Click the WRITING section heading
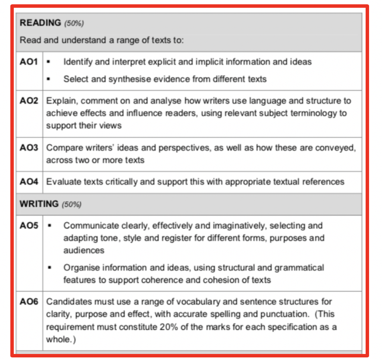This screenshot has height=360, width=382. pos(39,204)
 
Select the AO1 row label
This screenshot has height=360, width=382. pos(29,62)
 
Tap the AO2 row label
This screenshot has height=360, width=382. pos(29,101)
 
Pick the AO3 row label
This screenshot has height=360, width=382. pos(29,148)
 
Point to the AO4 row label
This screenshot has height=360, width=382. pos(29,182)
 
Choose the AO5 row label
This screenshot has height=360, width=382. pos(29,226)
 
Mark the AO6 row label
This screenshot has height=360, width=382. pos(29,302)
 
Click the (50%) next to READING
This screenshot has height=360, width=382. pos(74,24)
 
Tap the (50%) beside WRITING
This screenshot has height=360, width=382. pos(72,204)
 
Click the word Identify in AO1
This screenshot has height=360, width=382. pos(78,62)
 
